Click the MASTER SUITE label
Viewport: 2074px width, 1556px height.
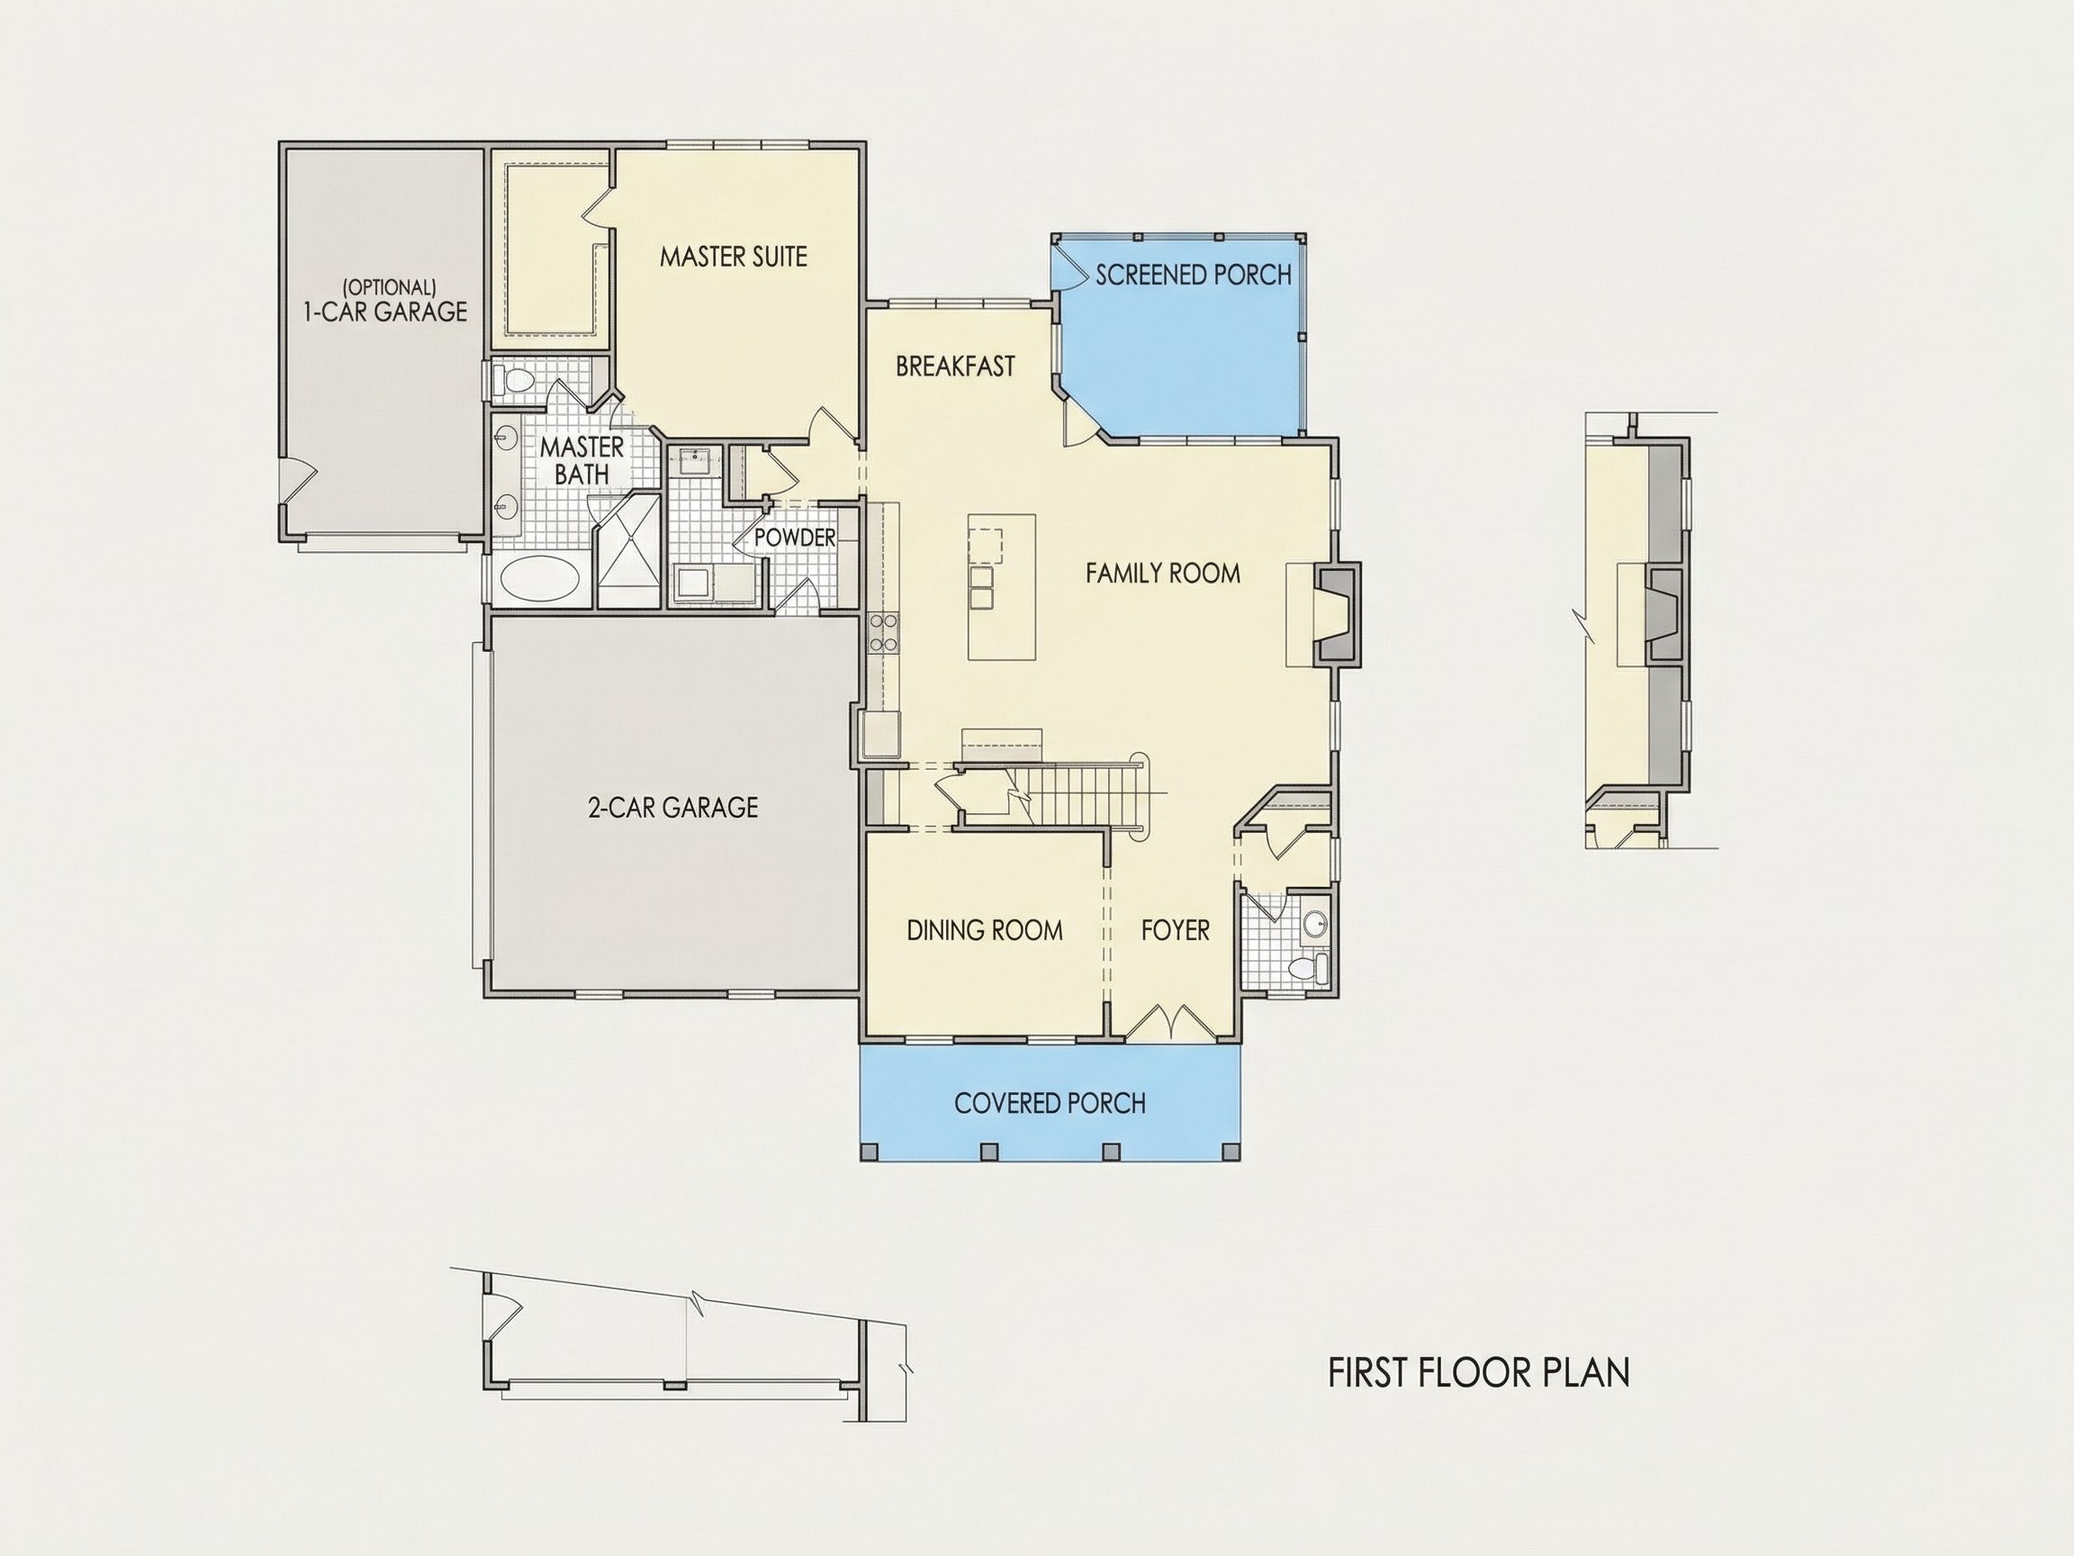pyautogui.click(x=734, y=256)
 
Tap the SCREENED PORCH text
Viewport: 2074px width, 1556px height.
pyautogui.click(x=1194, y=275)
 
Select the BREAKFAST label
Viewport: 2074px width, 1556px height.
pyautogui.click(x=954, y=366)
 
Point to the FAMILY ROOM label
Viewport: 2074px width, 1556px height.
pyautogui.click(x=1163, y=573)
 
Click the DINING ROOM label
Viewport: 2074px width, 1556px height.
pyautogui.click(x=985, y=930)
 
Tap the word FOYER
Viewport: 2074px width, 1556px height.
pyautogui.click(x=1175, y=930)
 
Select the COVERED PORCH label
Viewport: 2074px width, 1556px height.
pyautogui.click(x=1051, y=1103)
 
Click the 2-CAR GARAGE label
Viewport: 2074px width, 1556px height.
pyautogui.click(x=672, y=808)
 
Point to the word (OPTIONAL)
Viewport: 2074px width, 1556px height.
pyautogui.click(x=389, y=287)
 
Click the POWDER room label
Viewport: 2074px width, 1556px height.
pyautogui.click(x=794, y=538)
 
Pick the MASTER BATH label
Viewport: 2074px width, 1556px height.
pyautogui.click(x=582, y=460)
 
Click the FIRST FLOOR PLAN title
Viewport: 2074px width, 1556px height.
pyautogui.click(x=1479, y=1372)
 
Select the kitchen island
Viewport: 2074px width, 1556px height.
pyautogui.click(x=1002, y=587)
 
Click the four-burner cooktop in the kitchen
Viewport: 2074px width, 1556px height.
pyautogui.click(x=884, y=631)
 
